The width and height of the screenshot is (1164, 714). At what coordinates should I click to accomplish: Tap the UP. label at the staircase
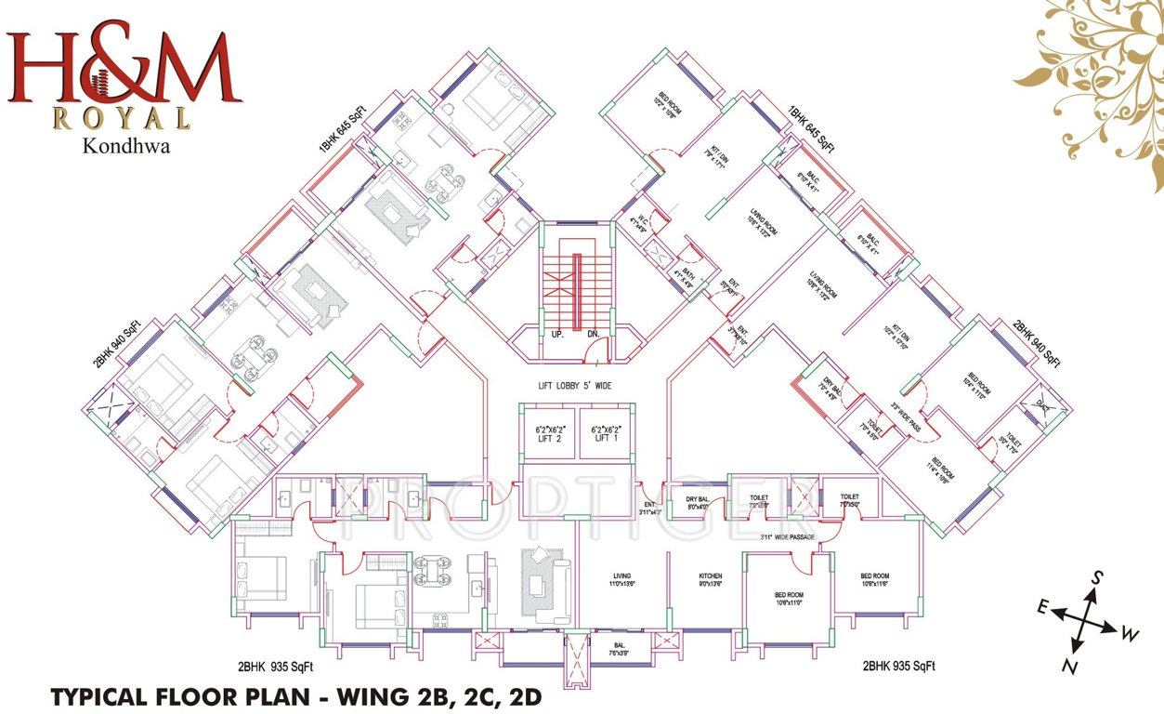click(x=557, y=333)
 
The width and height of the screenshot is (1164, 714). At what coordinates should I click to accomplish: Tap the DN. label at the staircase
click(x=592, y=333)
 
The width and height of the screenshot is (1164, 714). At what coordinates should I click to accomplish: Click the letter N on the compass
click(x=1071, y=668)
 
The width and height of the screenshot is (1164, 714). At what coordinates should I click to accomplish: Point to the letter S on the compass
click(x=1096, y=577)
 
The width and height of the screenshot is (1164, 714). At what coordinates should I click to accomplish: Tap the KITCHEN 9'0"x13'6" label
click(x=711, y=581)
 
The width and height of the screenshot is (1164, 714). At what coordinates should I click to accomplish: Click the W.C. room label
click(x=636, y=221)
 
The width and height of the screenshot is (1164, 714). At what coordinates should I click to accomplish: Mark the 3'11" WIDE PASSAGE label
click(x=787, y=537)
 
